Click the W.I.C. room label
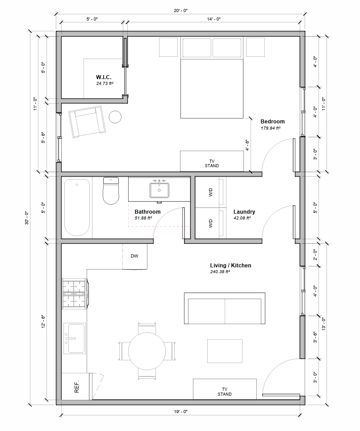(103, 77)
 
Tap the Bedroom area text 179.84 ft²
(270, 128)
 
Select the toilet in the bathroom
(111, 190)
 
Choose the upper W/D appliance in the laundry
(211, 192)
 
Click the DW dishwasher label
(134, 257)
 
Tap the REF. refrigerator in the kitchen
(75, 386)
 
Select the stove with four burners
(75, 293)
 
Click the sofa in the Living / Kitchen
(225, 308)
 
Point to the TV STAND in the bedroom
(212, 161)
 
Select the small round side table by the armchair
(115, 117)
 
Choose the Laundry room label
(244, 212)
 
